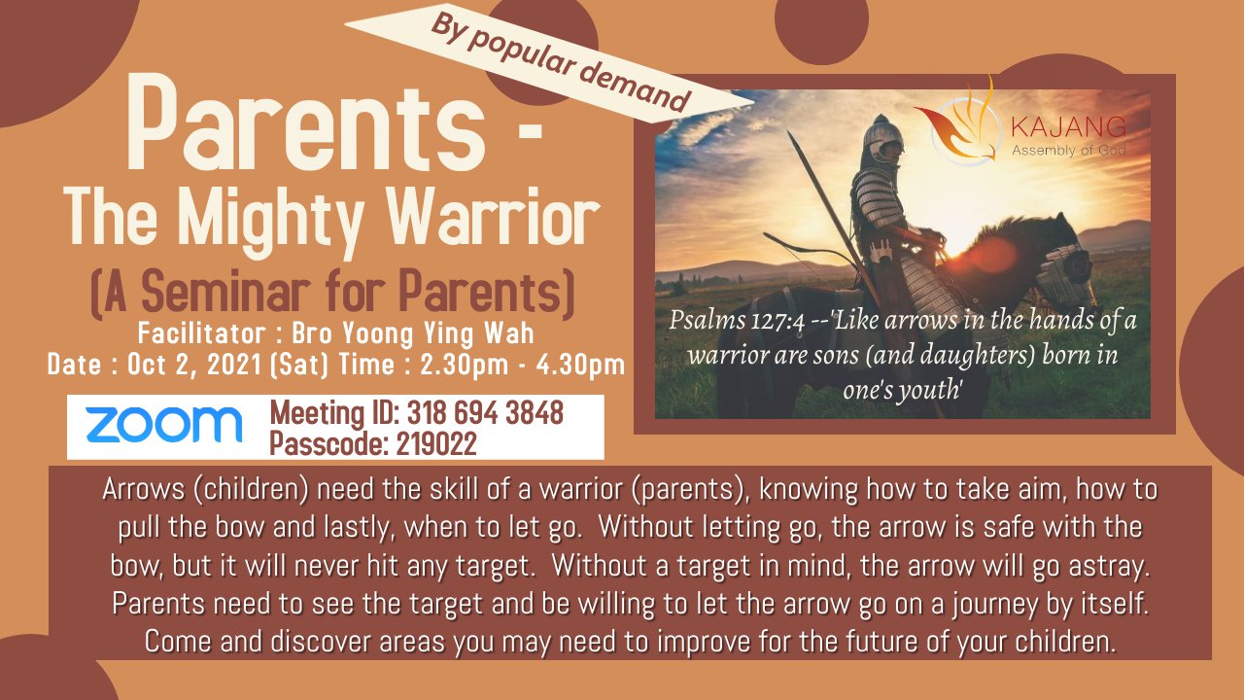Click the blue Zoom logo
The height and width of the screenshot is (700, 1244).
(x=164, y=425)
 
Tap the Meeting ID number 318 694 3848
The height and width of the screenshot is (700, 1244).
(x=485, y=413)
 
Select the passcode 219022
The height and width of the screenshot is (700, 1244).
(x=436, y=443)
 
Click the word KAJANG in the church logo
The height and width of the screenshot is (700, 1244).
(x=1068, y=127)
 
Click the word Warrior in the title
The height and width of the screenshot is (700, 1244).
(x=493, y=216)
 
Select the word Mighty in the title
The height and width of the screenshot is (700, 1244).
(x=270, y=221)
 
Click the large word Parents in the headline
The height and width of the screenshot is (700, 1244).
(x=306, y=122)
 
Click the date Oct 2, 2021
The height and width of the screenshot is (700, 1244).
(x=194, y=365)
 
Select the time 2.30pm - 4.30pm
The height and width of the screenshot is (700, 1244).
(x=522, y=365)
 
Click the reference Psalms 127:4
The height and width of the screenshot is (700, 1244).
(x=737, y=321)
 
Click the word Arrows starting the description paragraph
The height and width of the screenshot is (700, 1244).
(x=143, y=489)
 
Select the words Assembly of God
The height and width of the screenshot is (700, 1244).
(x=1068, y=150)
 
